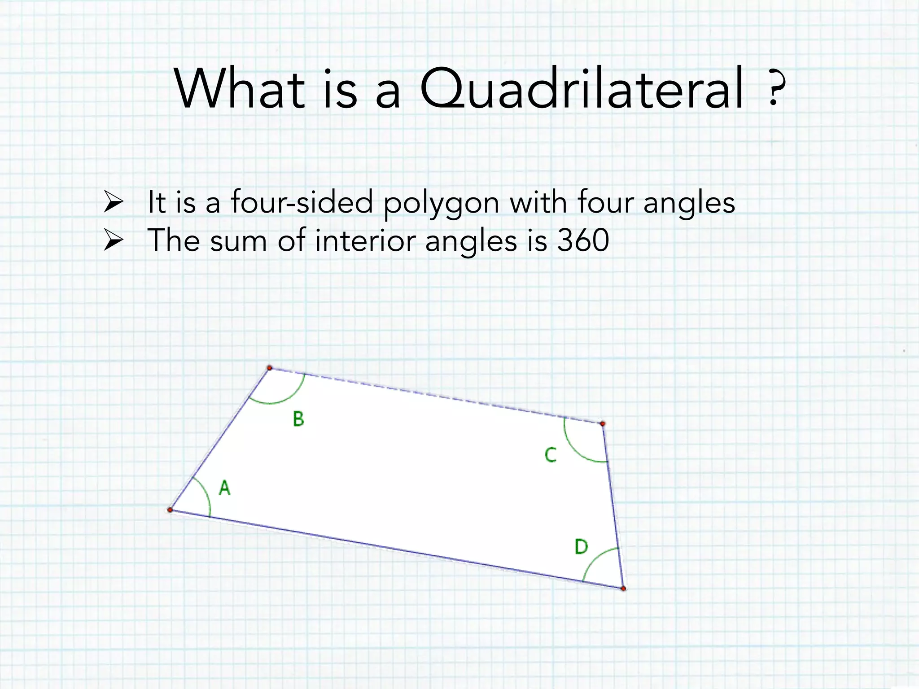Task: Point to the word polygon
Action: (x=441, y=203)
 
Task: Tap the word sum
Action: (x=238, y=241)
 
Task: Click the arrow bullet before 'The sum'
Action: (x=113, y=240)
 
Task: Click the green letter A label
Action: (x=224, y=488)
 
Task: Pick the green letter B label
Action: (x=298, y=419)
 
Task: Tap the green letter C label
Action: (x=550, y=455)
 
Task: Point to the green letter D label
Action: (x=581, y=547)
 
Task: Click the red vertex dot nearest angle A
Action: (x=170, y=510)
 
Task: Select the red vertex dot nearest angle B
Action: (x=270, y=368)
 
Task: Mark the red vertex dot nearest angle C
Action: (x=603, y=423)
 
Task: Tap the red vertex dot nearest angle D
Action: (x=623, y=588)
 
